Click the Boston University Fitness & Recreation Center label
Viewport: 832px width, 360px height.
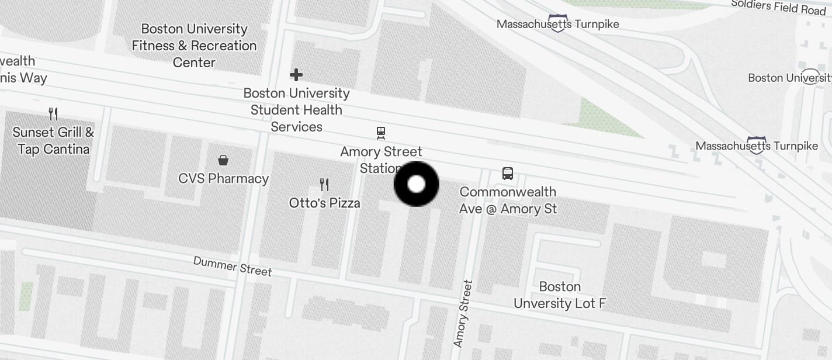(x=194, y=46)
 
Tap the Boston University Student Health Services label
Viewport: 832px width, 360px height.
(x=296, y=110)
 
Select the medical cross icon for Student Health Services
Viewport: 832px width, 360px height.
(x=296, y=75)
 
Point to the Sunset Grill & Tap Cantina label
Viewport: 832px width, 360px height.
(x=53, y=140)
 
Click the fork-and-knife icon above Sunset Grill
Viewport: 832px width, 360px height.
(x=53, y=113)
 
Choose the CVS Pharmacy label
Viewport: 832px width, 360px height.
(x=223, y=178)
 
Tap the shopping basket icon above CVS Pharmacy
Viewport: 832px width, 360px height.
(x=223, y=160)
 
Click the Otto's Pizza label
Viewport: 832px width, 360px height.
(x=324, y=203)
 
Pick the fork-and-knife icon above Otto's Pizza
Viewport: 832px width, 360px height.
(x=324, y=185)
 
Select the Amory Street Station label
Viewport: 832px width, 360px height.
(x=380, y=159)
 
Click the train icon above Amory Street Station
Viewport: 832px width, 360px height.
(x=381, y=133)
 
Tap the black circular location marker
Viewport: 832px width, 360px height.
(x=416, y=184)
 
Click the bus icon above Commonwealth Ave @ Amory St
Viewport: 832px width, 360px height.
(x=508, y=174)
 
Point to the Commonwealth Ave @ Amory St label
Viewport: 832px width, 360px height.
(x=508, y=200)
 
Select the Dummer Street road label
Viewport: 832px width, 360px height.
(x=233, y=266)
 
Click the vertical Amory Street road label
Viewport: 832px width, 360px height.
(x=463, y=313)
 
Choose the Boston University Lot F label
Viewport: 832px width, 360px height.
(x=559, y=295)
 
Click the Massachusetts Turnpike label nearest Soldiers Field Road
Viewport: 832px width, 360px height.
(x=557, y=25)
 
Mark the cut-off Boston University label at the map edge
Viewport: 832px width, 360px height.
(x=789, y=78)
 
